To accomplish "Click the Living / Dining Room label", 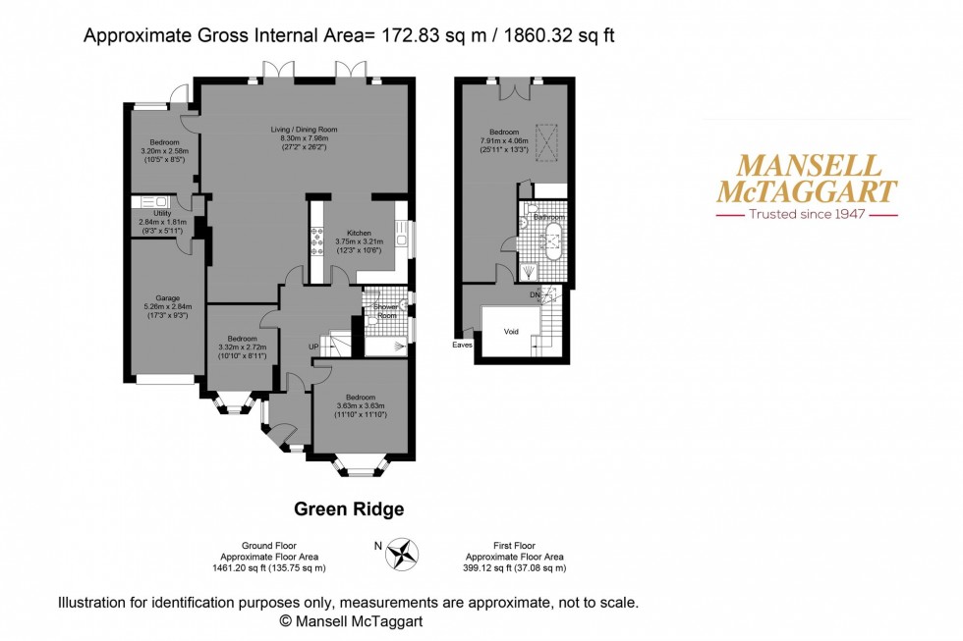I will click(304, 130).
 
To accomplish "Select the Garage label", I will click(166, 297).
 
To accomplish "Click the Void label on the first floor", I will click(510, 332).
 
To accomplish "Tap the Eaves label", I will click(462, 345).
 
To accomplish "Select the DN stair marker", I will click(534, 294).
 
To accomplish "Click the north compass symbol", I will click(401, 555).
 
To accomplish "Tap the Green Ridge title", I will click(349, 509).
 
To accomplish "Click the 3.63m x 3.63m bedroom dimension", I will click(361, 405).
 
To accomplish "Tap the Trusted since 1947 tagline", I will click(806, 213).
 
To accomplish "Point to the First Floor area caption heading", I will click(520, 545).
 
